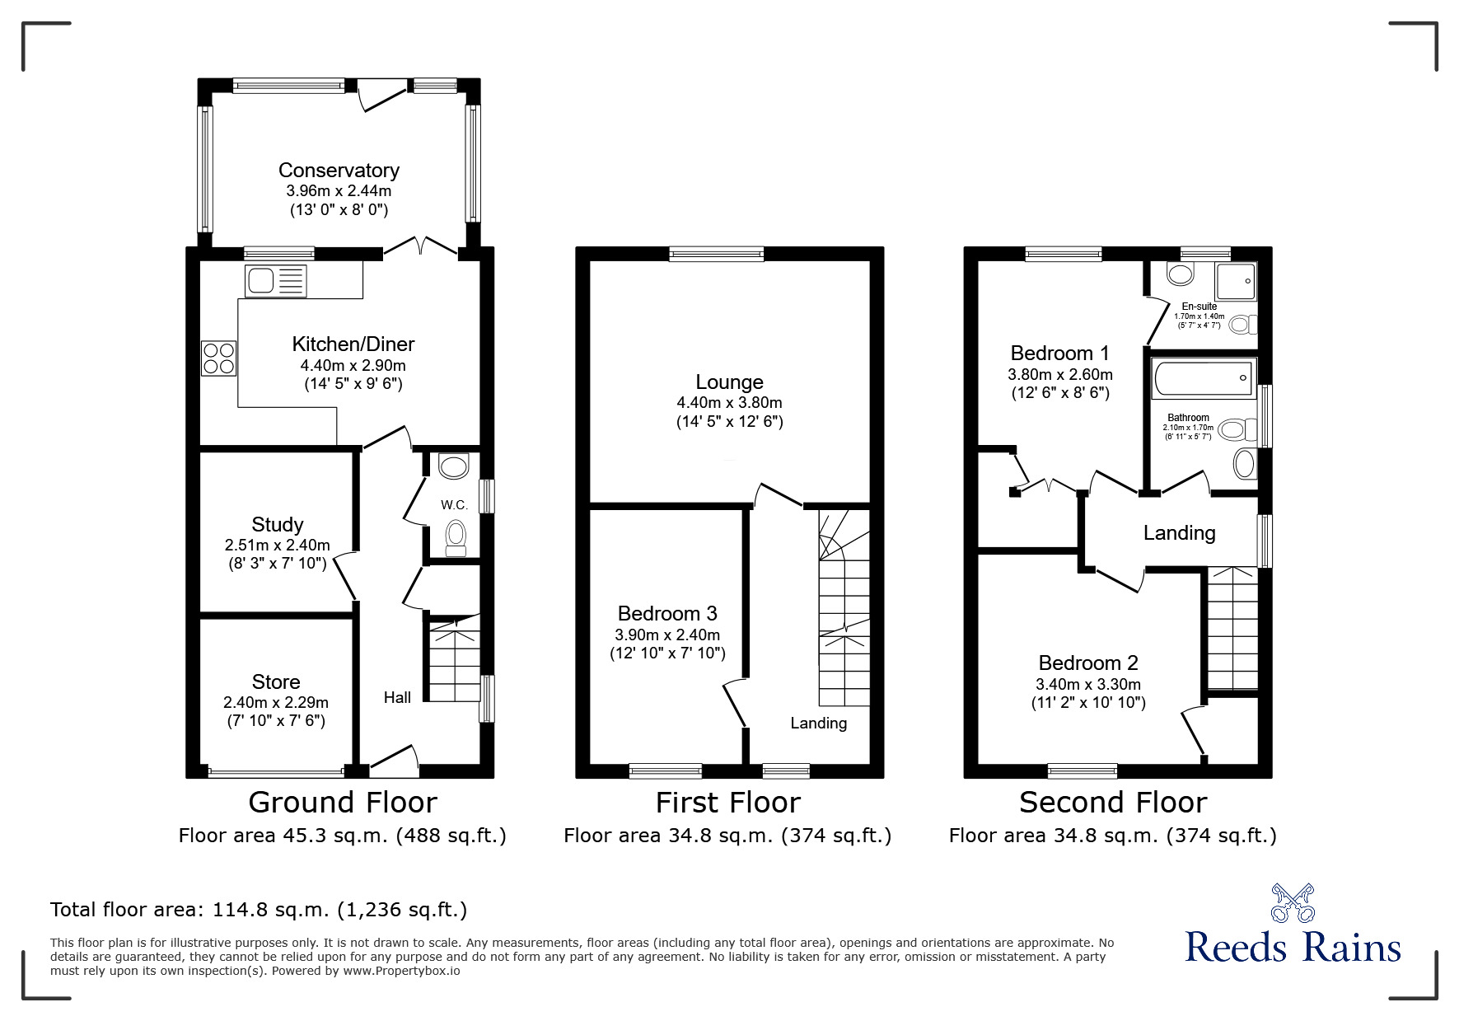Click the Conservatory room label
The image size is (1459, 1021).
point(339,171)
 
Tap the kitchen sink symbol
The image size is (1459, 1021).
point(276,281)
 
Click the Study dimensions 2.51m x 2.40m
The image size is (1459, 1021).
point(277,546)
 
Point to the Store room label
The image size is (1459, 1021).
point(276,681)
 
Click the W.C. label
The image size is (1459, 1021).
point(454,505)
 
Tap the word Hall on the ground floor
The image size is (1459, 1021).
point(397,698)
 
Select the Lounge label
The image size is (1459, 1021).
point(729,382)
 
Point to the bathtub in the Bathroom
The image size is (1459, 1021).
point(1204,378)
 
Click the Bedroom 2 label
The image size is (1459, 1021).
point(1087,663)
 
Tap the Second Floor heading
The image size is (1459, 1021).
point(1112,803)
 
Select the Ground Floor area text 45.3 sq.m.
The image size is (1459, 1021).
point(342,836)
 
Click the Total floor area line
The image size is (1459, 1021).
point(259,910)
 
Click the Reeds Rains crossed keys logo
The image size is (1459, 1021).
point(1293,903)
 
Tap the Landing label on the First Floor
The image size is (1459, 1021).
point(818,724)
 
